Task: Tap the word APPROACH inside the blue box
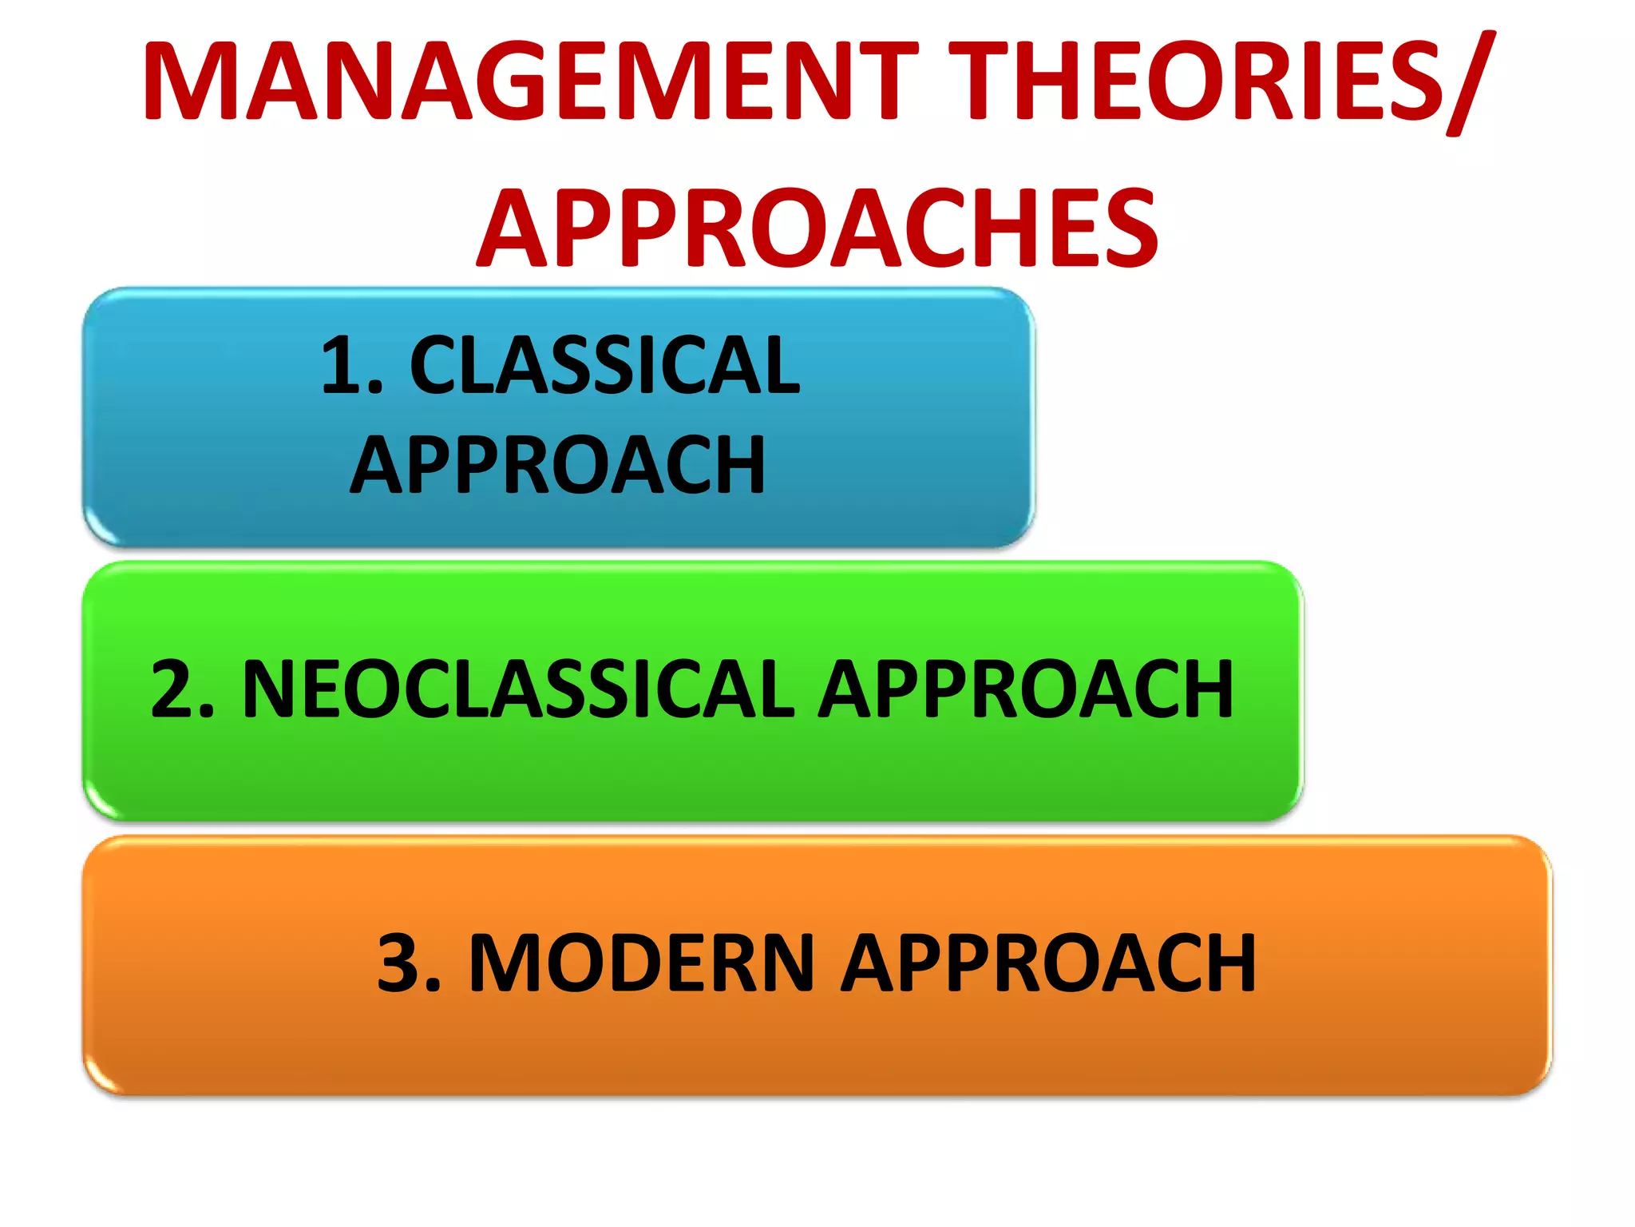[558, 466]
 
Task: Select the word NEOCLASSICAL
[518, 689]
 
